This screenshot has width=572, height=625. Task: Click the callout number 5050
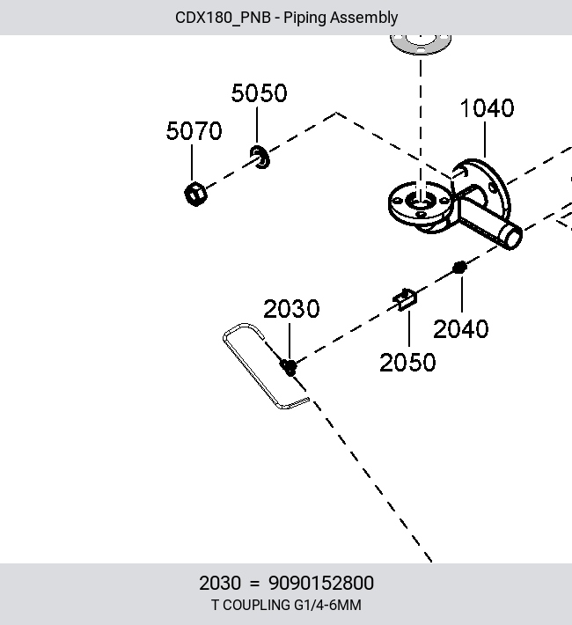[x=259, y=93]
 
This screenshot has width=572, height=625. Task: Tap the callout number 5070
[x=194, y=131]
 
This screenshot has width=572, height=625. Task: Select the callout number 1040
[x=488, y=108]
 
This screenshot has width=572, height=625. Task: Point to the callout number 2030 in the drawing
[x=291, y=308]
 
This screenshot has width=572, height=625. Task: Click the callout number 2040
[x=461, y=329]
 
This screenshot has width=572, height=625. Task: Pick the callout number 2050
[x=407, y=363]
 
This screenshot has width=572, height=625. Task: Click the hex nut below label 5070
[x=195, y=195]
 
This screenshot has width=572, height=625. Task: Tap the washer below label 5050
[x=260, y=157]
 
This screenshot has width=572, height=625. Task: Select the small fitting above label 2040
[x=459, y=268]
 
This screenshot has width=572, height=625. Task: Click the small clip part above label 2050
[x=405, y=299]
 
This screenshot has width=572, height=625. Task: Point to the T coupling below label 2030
[x=289, y=367]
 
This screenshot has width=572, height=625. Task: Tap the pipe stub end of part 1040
[x=511, y=236]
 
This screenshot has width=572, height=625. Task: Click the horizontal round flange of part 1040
[x=420, y=203]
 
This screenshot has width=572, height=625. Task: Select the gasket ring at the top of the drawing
[x=421, y=44]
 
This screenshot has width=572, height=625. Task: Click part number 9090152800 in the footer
[x=321, y=583]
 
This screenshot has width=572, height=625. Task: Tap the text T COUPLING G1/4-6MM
[x=286, y=605]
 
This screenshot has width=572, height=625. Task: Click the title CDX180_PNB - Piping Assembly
[x=286, y=18]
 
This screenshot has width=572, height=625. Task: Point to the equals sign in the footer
[x=254, y=584]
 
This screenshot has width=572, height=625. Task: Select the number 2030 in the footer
[x=220, y=583]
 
